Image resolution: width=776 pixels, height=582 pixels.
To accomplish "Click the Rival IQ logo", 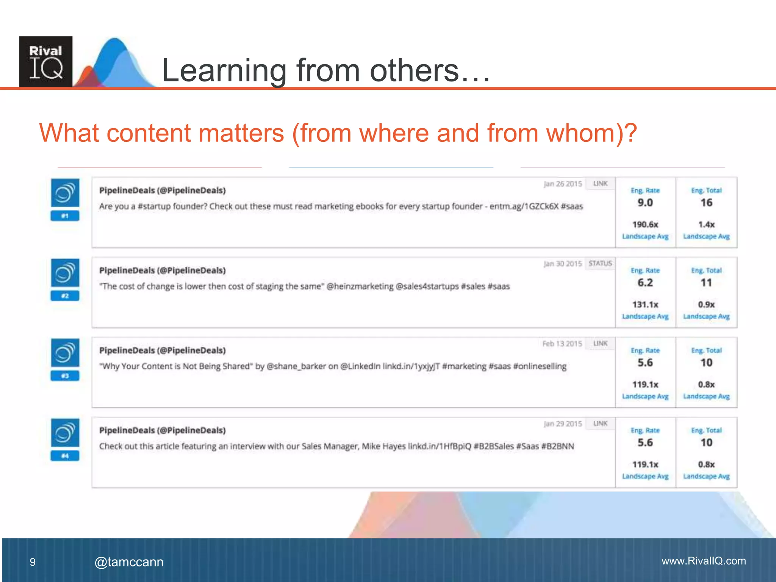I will (46, 62).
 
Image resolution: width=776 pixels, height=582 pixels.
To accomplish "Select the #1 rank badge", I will (65, 216).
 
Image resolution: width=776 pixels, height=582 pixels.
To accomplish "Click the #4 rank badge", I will (65, 455).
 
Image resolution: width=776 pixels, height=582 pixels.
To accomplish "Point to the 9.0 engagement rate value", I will (645, 203).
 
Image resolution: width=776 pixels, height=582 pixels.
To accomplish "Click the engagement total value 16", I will (706, 203).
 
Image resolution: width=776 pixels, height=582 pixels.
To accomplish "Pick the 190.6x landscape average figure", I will (645, 224).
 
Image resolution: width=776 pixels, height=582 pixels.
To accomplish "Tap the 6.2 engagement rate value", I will (645, 283).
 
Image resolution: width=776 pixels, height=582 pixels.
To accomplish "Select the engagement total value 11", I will (706, 283).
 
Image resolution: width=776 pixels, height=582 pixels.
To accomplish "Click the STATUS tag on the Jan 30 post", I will (600, 263).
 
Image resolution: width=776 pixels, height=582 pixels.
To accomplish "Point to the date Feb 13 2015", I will (562, 344).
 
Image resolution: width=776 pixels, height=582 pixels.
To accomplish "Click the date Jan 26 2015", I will (563, 184).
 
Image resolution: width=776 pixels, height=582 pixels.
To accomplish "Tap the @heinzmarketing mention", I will (360, 286).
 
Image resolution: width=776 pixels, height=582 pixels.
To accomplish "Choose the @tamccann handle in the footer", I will (129, 562).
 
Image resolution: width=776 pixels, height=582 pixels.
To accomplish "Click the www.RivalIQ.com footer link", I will (704, 561).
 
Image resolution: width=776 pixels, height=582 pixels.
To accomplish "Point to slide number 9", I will (33, 562).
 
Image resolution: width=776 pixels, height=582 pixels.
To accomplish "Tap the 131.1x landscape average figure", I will (645, 304).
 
